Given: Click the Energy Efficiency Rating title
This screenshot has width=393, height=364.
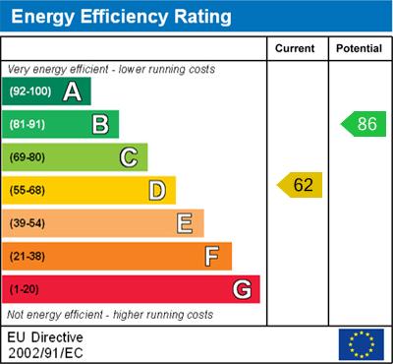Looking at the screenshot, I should pos(121,17).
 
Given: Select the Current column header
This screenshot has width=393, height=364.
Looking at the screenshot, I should pos(295,48).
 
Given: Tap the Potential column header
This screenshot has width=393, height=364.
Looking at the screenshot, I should pos(359,48).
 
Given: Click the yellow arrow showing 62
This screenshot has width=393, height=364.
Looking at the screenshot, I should pos(300,184).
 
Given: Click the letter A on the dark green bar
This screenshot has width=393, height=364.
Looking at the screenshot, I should pos(72,92).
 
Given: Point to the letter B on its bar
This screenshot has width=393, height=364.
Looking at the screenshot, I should pos(99,124).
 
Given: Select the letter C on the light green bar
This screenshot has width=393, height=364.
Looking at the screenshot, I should pos(128,156).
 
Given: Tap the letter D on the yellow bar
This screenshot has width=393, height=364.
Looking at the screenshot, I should pos(156,190).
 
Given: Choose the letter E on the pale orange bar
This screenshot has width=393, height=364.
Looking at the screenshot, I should pos(184,223).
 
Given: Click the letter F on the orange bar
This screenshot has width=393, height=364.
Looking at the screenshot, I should pos(212,256).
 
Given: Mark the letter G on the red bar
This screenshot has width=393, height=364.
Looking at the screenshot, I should pos(241,289).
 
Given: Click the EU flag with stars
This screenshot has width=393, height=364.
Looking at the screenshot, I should pos(361,343).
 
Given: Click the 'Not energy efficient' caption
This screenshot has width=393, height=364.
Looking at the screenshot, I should pos(110,315).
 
